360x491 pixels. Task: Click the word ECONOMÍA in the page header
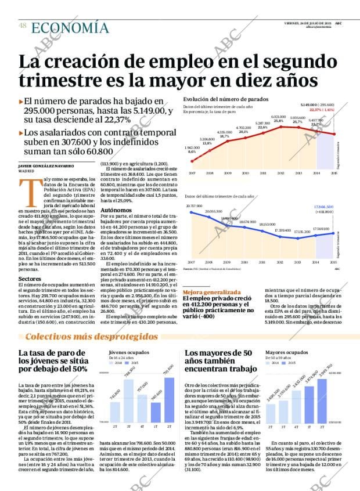70,28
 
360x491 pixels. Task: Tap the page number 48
23,25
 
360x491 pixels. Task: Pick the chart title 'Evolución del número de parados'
226,99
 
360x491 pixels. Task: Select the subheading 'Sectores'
30,279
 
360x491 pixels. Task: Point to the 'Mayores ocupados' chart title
286,352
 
